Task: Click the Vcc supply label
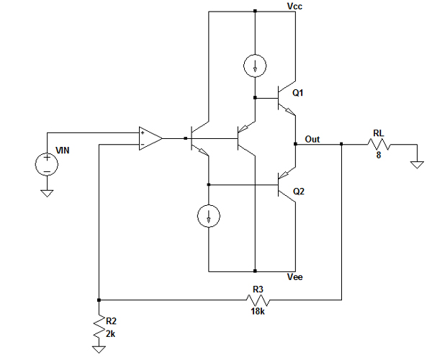coord(294,6)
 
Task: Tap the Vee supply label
coord(294,276)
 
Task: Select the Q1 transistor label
coord(298,93)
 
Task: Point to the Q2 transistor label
coord(299,191)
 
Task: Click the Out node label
coord(312,139)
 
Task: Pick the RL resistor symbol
coord(379,144)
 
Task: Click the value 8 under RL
coord(379,155)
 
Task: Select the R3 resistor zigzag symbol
coord(258,300)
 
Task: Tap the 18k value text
coord(258,311)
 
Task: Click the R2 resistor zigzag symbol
coord(99,327)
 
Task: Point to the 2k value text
coord(110,334)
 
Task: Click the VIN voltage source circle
coord(47,164)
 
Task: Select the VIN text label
coord(63,150)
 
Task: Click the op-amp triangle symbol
coord(150,138)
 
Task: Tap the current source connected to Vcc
coord(255,66)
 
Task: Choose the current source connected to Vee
coord(209,216)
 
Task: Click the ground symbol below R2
coord(99,349)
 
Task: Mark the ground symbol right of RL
coord(417,165)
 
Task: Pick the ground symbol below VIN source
coord(47,194)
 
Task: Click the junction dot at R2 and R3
coord(99,300)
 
